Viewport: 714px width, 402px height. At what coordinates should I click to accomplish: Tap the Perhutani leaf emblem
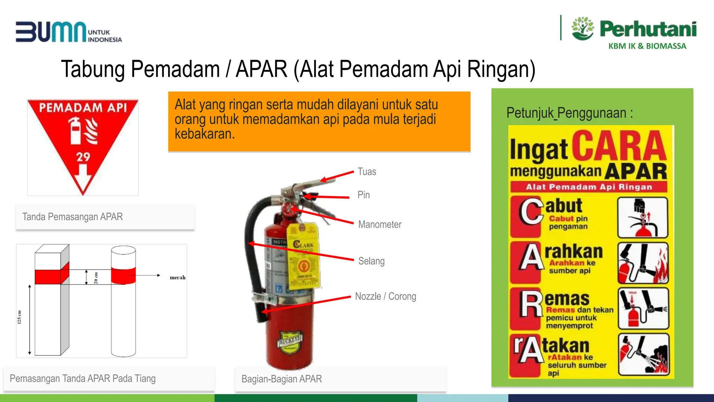[583, 28]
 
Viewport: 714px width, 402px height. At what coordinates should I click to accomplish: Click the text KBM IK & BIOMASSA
[647, 46]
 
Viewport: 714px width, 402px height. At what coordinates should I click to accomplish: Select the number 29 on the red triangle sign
[83, 157]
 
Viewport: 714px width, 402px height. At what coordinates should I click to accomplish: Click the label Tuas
[367, 172]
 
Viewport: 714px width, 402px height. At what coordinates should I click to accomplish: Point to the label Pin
[364, 195]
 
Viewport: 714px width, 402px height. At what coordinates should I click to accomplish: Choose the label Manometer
[380, 224]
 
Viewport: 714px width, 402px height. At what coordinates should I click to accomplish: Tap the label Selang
[371, 261]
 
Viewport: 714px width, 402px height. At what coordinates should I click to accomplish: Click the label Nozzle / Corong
[385, 296]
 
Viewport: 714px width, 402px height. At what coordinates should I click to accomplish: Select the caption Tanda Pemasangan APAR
[73, 217]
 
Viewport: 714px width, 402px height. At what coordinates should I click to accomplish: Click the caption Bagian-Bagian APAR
[281, 379]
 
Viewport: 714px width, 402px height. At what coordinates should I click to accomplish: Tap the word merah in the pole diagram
[177, 277]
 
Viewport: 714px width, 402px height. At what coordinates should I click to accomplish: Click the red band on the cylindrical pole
[123, 275]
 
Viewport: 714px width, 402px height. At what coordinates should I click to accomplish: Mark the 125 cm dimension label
[19, 317]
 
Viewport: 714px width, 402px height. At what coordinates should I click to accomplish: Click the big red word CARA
[619, 146]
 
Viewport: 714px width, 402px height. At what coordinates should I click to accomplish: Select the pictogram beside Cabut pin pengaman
[643, 217]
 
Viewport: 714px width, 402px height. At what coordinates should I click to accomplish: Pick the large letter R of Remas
[531, 305]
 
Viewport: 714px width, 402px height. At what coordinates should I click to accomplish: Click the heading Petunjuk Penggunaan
[569, 113]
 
